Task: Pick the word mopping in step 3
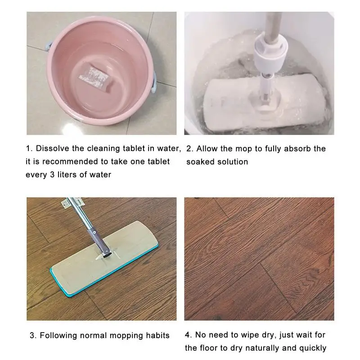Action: [125, 335]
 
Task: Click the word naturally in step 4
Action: [267, 348]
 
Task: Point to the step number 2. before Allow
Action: [189, 148]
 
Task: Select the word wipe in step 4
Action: [238, 335]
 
